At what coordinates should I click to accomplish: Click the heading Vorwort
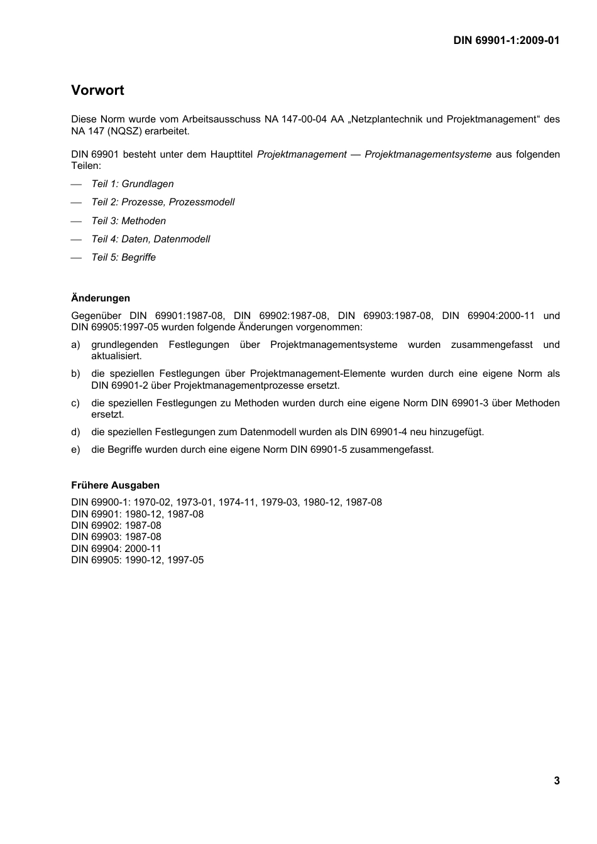97,90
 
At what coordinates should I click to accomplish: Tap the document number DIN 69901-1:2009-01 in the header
506,41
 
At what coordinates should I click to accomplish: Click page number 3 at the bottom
557,781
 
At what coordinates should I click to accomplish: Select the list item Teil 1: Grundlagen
133,184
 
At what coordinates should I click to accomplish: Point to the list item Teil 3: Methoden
129,221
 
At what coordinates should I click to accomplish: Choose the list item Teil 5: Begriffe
124,257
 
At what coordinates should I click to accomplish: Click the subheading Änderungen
101,298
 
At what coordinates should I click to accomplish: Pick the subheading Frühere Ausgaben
115,485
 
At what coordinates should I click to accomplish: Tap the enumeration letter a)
75,345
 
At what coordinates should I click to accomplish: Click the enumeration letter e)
75,450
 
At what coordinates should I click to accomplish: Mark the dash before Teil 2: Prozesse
77,203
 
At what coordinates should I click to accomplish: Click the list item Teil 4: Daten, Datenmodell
151,239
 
